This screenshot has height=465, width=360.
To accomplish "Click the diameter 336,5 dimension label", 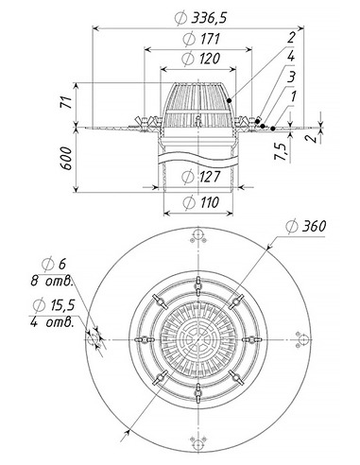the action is pos(200,18).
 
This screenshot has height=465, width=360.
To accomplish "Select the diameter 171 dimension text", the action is pos(201,39).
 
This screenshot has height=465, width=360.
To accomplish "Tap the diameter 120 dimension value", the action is pos(201,59).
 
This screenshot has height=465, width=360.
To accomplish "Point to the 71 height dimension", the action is pos(66,102).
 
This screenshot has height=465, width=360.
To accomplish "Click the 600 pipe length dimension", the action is pos(66,158).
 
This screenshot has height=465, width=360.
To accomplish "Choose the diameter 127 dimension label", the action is pos(200,176).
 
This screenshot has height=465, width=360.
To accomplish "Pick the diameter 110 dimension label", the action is pos(201,202).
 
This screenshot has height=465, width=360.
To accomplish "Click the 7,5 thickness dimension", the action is pos(281,151).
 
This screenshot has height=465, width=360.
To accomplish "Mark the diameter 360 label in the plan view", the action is pos(306,226).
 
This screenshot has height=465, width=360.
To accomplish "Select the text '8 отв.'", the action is pos(51,280).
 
